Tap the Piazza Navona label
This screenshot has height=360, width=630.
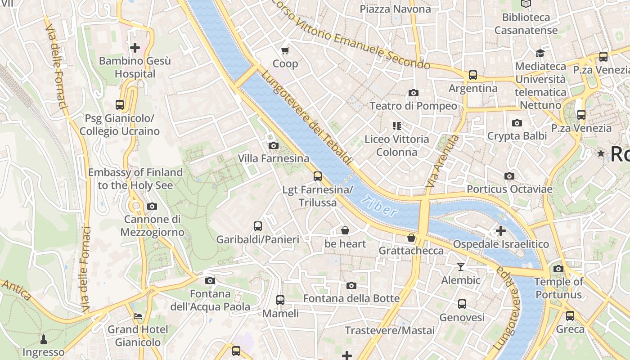[x=395, y=9]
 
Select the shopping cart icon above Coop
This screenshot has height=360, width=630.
[x=285, y=50]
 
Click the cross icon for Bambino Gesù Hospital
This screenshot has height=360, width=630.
[x=135, y=47]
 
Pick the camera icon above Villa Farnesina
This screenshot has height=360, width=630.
[x=273, y=145]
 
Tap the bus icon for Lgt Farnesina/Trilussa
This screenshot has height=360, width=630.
[x=318, y=176]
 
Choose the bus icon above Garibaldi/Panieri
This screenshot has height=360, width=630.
[x=258, y=226]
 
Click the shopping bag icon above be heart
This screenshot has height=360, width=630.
[x=345, y=230]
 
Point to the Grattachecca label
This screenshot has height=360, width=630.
[x=411, y=251]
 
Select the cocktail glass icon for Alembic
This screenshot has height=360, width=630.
[x=460, y=267]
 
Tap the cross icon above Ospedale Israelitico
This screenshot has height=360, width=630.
[x=500, y=231]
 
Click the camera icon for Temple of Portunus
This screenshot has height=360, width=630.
[x=558, y=269]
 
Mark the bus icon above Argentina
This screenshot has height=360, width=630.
[x=473, y=75]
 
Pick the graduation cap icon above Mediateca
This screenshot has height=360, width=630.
[x=540, y=53]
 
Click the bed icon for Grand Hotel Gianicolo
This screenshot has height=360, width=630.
[x=138, y=316]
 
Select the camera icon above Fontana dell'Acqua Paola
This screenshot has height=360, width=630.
[x=210, y=280]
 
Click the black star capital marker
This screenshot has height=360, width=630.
[x=601, y=153]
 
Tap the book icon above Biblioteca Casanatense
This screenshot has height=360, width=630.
[x=526, y=4]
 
